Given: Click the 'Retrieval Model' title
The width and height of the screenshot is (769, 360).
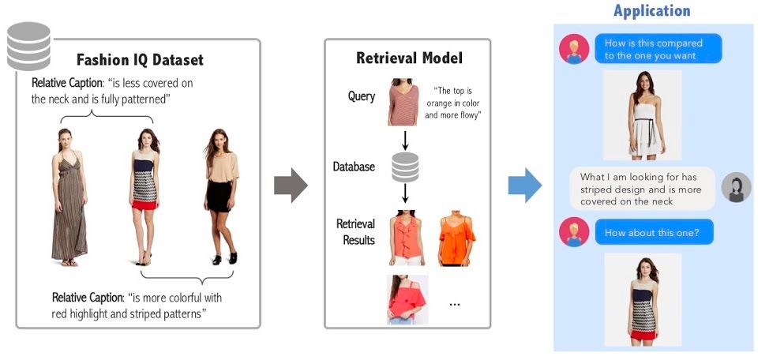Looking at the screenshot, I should [409, 58].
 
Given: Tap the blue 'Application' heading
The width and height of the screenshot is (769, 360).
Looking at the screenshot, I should [651, 11].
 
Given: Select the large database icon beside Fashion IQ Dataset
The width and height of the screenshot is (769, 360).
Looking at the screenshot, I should [28, 47].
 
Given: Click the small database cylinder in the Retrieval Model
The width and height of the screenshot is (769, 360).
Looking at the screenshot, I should [405, 166].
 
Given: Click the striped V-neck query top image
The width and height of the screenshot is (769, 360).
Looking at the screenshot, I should [403, 102].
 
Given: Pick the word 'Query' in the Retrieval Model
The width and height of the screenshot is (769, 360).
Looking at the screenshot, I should [362, 96].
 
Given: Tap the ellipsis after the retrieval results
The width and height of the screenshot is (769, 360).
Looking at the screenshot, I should [454, 303].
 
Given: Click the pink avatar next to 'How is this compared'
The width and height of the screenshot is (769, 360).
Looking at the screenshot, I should [573, 49].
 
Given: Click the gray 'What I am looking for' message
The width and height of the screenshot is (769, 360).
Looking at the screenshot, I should [642, 189].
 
